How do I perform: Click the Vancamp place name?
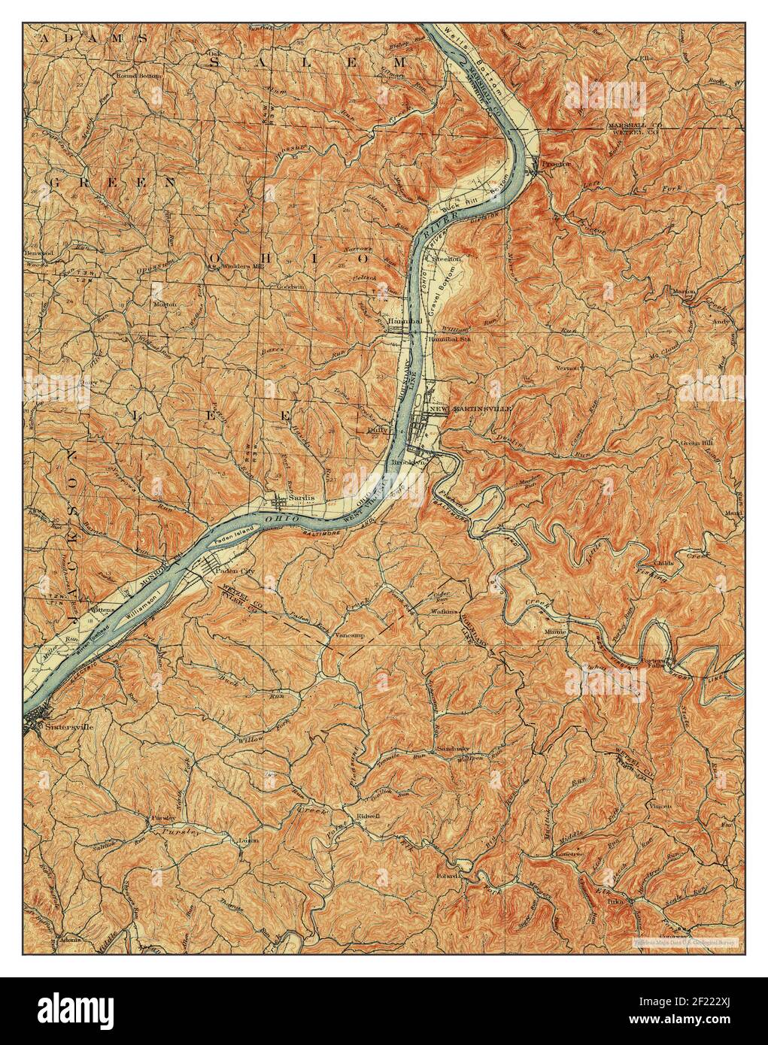click(348, 636)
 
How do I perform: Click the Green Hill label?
click(695, 444)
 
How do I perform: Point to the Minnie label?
click(555, 632)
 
